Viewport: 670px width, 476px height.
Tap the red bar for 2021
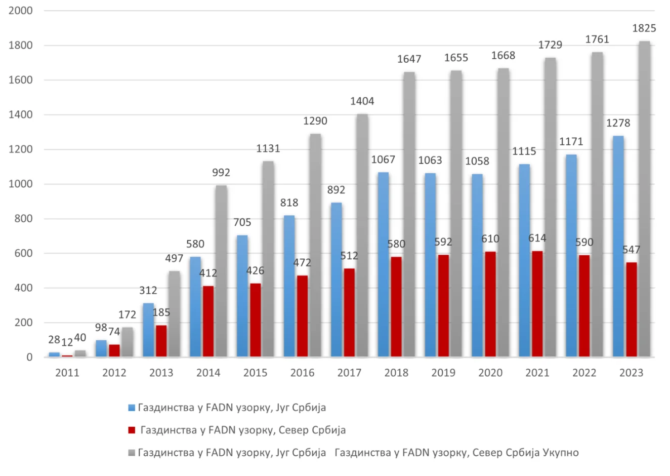(x=537, y=304)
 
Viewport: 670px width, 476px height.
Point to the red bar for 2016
(x=302, y=316)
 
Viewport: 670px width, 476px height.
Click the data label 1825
(x=644, y=28)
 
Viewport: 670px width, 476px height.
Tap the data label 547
(x=631, y=250)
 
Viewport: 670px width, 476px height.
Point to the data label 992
(x=221, y=173)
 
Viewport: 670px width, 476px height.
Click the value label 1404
(x=362, y=101)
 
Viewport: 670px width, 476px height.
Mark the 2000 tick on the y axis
(x=20, y=11)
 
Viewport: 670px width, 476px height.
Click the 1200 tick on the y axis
(x=20, y=149)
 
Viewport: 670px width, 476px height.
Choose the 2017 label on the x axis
(x=349, y=373)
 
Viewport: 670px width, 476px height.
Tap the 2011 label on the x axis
(x=67, y=373)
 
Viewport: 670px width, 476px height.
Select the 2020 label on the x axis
(x=490, y=373)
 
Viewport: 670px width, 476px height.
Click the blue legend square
(x=132, y=408)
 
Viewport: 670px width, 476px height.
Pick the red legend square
(x=132, y=430)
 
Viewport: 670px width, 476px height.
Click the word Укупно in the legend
(x=561, y=452)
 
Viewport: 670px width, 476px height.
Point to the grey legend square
(x=132, y=452)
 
